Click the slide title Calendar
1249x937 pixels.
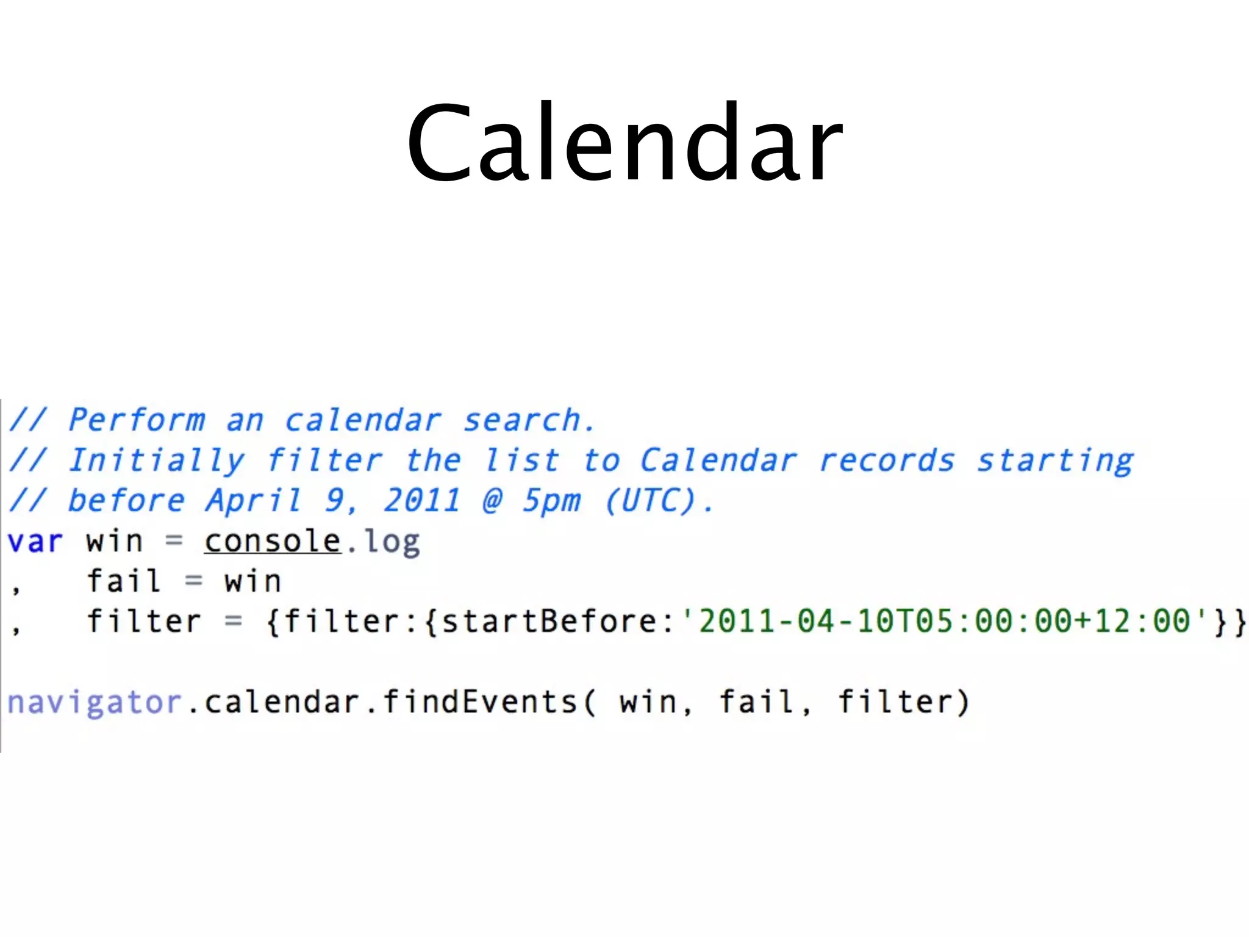click(624, 143)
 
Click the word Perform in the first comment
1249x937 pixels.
click(137, 420)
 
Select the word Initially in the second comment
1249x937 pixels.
click(156, 461)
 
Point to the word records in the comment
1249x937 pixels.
click(886, 461)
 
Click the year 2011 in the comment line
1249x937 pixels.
click(421, 501)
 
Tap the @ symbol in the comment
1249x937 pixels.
click(492, 501)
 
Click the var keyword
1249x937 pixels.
click(35, 542)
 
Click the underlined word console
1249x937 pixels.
click(272, 541)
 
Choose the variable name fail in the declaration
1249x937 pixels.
click(124, 581)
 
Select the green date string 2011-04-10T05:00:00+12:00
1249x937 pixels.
click(944, 621)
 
